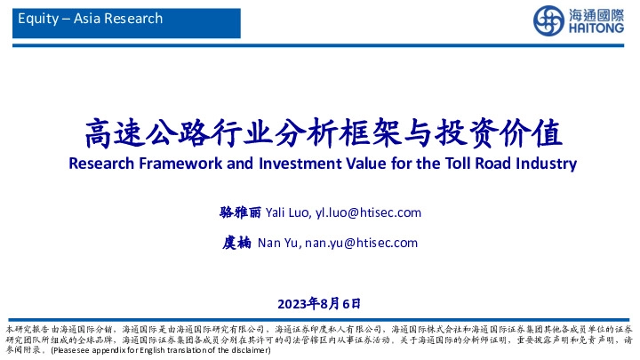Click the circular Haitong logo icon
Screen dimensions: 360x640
548,20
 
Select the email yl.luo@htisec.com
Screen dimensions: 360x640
368,212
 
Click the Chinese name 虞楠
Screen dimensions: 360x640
237,243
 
